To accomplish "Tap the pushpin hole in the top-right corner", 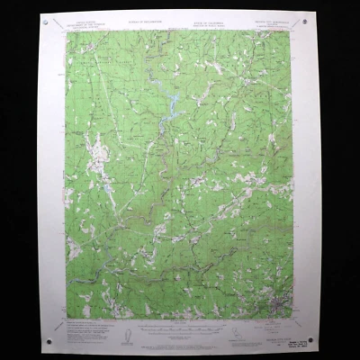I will pyautogui.click(x=305, y=20).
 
